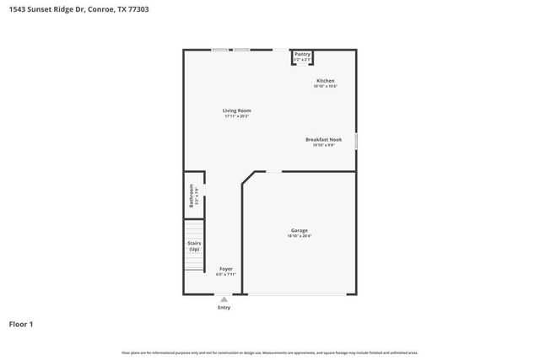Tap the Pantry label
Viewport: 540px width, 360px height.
click(x=302, y=54)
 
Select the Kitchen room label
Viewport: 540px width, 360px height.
click(x=325, y=81)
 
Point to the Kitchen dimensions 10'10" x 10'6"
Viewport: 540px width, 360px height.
click(x=325, y=87)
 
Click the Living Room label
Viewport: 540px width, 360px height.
click(x=236, y=110)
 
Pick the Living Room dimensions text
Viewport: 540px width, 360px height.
click(x=236, y=116)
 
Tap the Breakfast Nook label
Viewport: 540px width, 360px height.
click(x=323, y=139)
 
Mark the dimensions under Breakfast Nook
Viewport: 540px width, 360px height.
click(x=323, y=145)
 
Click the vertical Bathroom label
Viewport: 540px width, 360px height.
click(x=192, y=196)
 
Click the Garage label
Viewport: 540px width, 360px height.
click(x=300, y=230)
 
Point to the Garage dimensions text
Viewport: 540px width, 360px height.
click(x=300, y=236)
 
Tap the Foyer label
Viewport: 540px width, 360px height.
click(x=225, y=268)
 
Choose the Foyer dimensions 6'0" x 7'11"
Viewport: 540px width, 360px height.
click(x=225, y=274)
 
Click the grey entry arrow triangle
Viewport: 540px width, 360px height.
click(x=224, y=298)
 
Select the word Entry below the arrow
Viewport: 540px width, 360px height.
click(x=224, y=308)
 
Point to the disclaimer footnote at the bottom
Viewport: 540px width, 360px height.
click(x=269, y=352)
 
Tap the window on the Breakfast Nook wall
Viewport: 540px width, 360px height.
click(x=357, y=142)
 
